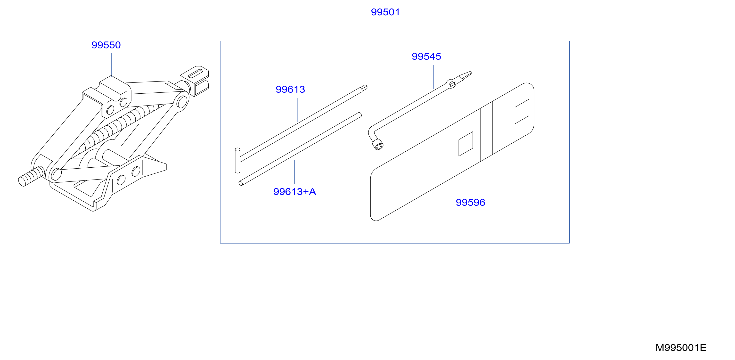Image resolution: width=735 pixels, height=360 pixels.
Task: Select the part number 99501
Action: [385, 12]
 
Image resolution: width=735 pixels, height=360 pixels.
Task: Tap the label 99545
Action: [426, 57]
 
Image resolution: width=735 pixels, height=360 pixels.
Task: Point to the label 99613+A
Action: [294, 192]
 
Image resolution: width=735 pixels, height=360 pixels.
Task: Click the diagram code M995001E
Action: [681, 348]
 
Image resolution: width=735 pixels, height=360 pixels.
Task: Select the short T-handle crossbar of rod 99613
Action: [237, 160]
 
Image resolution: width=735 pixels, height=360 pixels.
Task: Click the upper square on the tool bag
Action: [522, 112]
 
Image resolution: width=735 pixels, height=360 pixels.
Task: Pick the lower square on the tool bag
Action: [466, 144]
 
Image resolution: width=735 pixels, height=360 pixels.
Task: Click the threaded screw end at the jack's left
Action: [31, 177]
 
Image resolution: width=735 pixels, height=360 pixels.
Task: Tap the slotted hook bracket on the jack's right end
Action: [195, 81]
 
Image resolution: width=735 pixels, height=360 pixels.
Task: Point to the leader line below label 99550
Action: [112, 65]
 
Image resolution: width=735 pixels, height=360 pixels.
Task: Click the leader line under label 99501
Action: [395, 30]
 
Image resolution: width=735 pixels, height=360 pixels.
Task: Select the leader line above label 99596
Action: [477, 183]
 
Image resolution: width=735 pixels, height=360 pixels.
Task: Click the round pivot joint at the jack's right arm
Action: [182, 102]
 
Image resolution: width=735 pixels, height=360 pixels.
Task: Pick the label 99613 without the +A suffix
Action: [290, 90]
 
